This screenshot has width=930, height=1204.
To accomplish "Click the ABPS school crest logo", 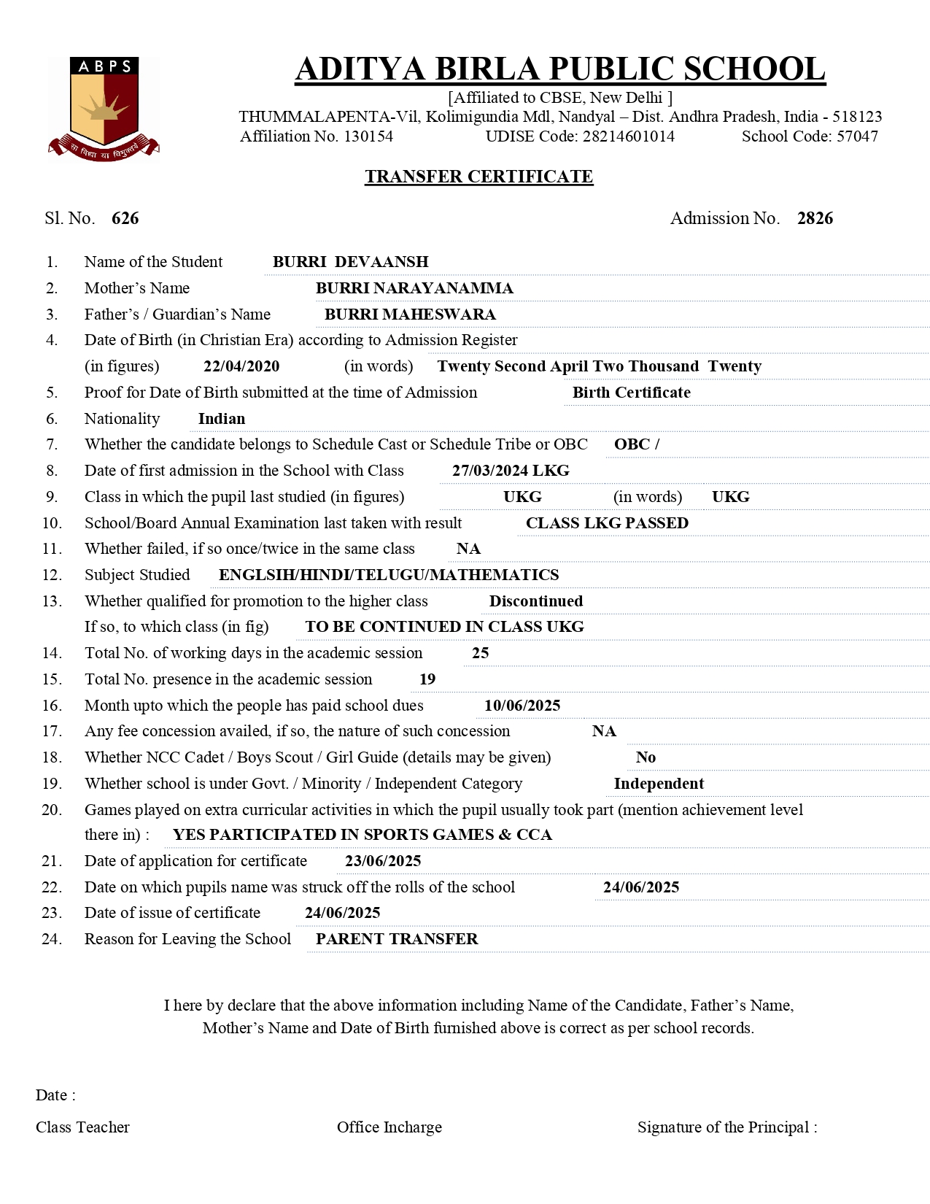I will click(x=104, y=107).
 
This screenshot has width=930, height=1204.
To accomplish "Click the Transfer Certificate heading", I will click(x=478, y=177).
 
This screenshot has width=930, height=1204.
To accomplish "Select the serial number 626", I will click(x=125, y=218).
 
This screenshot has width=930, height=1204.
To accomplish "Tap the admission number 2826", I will click(x=815, y=218).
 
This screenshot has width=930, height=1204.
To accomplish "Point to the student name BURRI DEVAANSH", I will click(x=350, y=262).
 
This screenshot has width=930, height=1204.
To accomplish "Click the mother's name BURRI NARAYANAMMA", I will click(x=414, y=288).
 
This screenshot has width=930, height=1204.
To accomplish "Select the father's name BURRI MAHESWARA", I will click(x=410, y=314).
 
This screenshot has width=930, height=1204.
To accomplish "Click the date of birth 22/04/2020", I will click(x=241, y=366).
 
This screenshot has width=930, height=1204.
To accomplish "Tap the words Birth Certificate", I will click(x=631, y=393).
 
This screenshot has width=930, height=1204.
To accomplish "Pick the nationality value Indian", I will click(x=222, y=419).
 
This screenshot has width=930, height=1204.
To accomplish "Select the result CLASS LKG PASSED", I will click(x=607, y=523).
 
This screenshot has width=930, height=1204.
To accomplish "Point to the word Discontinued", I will click(x=536, y=601).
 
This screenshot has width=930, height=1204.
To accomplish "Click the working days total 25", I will click(x=481, y=653).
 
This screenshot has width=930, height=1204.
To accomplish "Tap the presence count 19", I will click(x=427, y=679).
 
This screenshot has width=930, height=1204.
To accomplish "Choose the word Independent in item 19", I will click(x=659, y=784).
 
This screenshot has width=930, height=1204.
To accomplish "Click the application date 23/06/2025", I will click(x=383, y=861).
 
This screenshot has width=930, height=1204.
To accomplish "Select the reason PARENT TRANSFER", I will click(x=397, y=939).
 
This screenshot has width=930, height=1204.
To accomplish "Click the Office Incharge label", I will click(x=390, y=1127).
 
